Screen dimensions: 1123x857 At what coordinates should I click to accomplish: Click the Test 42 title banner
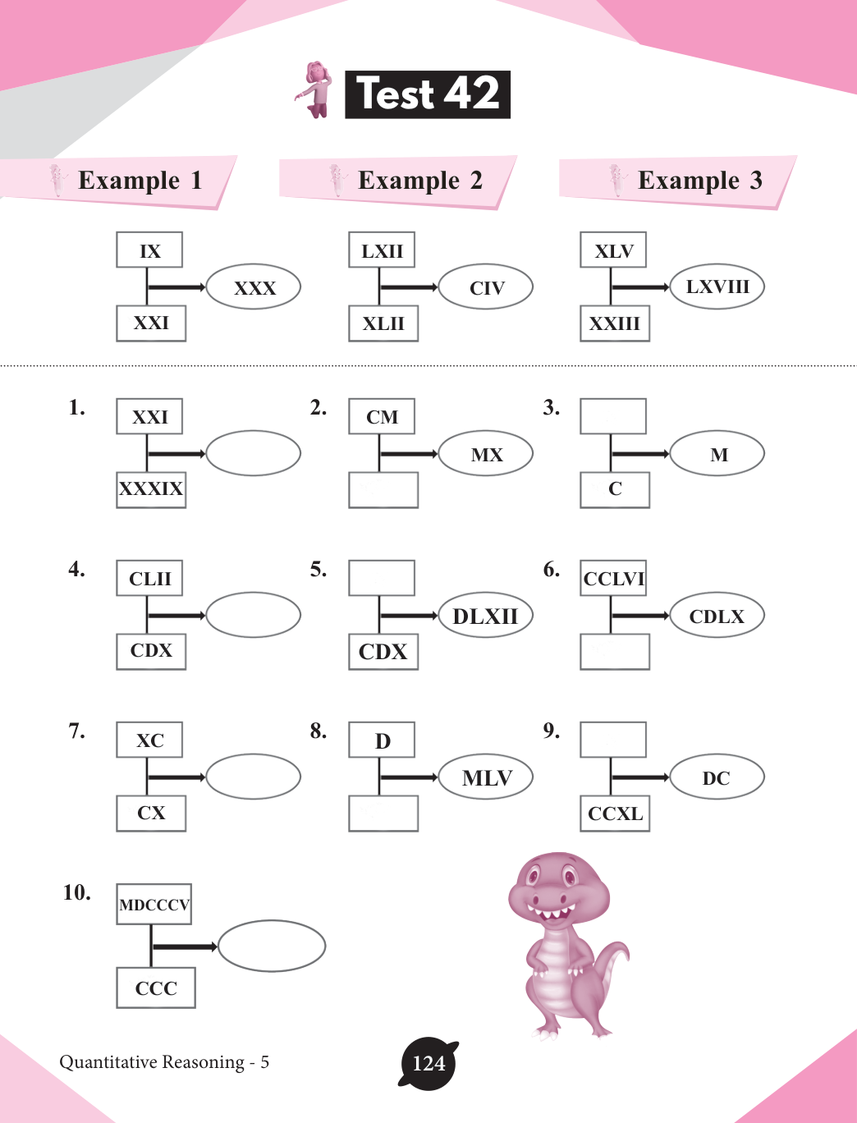point(427,94)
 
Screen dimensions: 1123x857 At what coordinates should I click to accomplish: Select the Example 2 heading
point(419,181)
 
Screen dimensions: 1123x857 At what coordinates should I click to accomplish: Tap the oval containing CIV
point(486,287)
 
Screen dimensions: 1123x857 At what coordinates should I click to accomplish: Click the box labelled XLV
point(613,251)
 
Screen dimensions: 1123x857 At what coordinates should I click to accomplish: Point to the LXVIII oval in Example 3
point(717,286)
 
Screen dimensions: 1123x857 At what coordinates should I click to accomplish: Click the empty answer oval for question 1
point(254,453)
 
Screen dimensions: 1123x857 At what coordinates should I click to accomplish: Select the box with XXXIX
point(151,489)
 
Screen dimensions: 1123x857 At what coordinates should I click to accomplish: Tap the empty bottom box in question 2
point(383,489)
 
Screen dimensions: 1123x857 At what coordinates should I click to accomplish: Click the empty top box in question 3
point(613,416)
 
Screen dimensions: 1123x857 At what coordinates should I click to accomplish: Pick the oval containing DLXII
point(486,616)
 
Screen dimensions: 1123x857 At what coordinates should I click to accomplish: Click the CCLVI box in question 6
point(613,579)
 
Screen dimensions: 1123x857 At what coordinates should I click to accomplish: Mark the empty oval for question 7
point(254,777)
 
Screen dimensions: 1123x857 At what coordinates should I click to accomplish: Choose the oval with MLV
point(486,777)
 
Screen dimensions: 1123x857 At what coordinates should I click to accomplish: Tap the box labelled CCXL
point(615,814)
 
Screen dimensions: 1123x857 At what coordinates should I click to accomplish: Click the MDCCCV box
point(154,905)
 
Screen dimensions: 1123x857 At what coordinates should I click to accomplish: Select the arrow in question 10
point(185,947)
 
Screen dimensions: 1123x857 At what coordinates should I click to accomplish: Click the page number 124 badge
point(428,1064)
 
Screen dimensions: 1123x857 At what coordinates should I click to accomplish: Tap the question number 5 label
point(319,569)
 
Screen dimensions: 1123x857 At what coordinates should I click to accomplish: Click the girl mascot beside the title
point(315,89)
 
